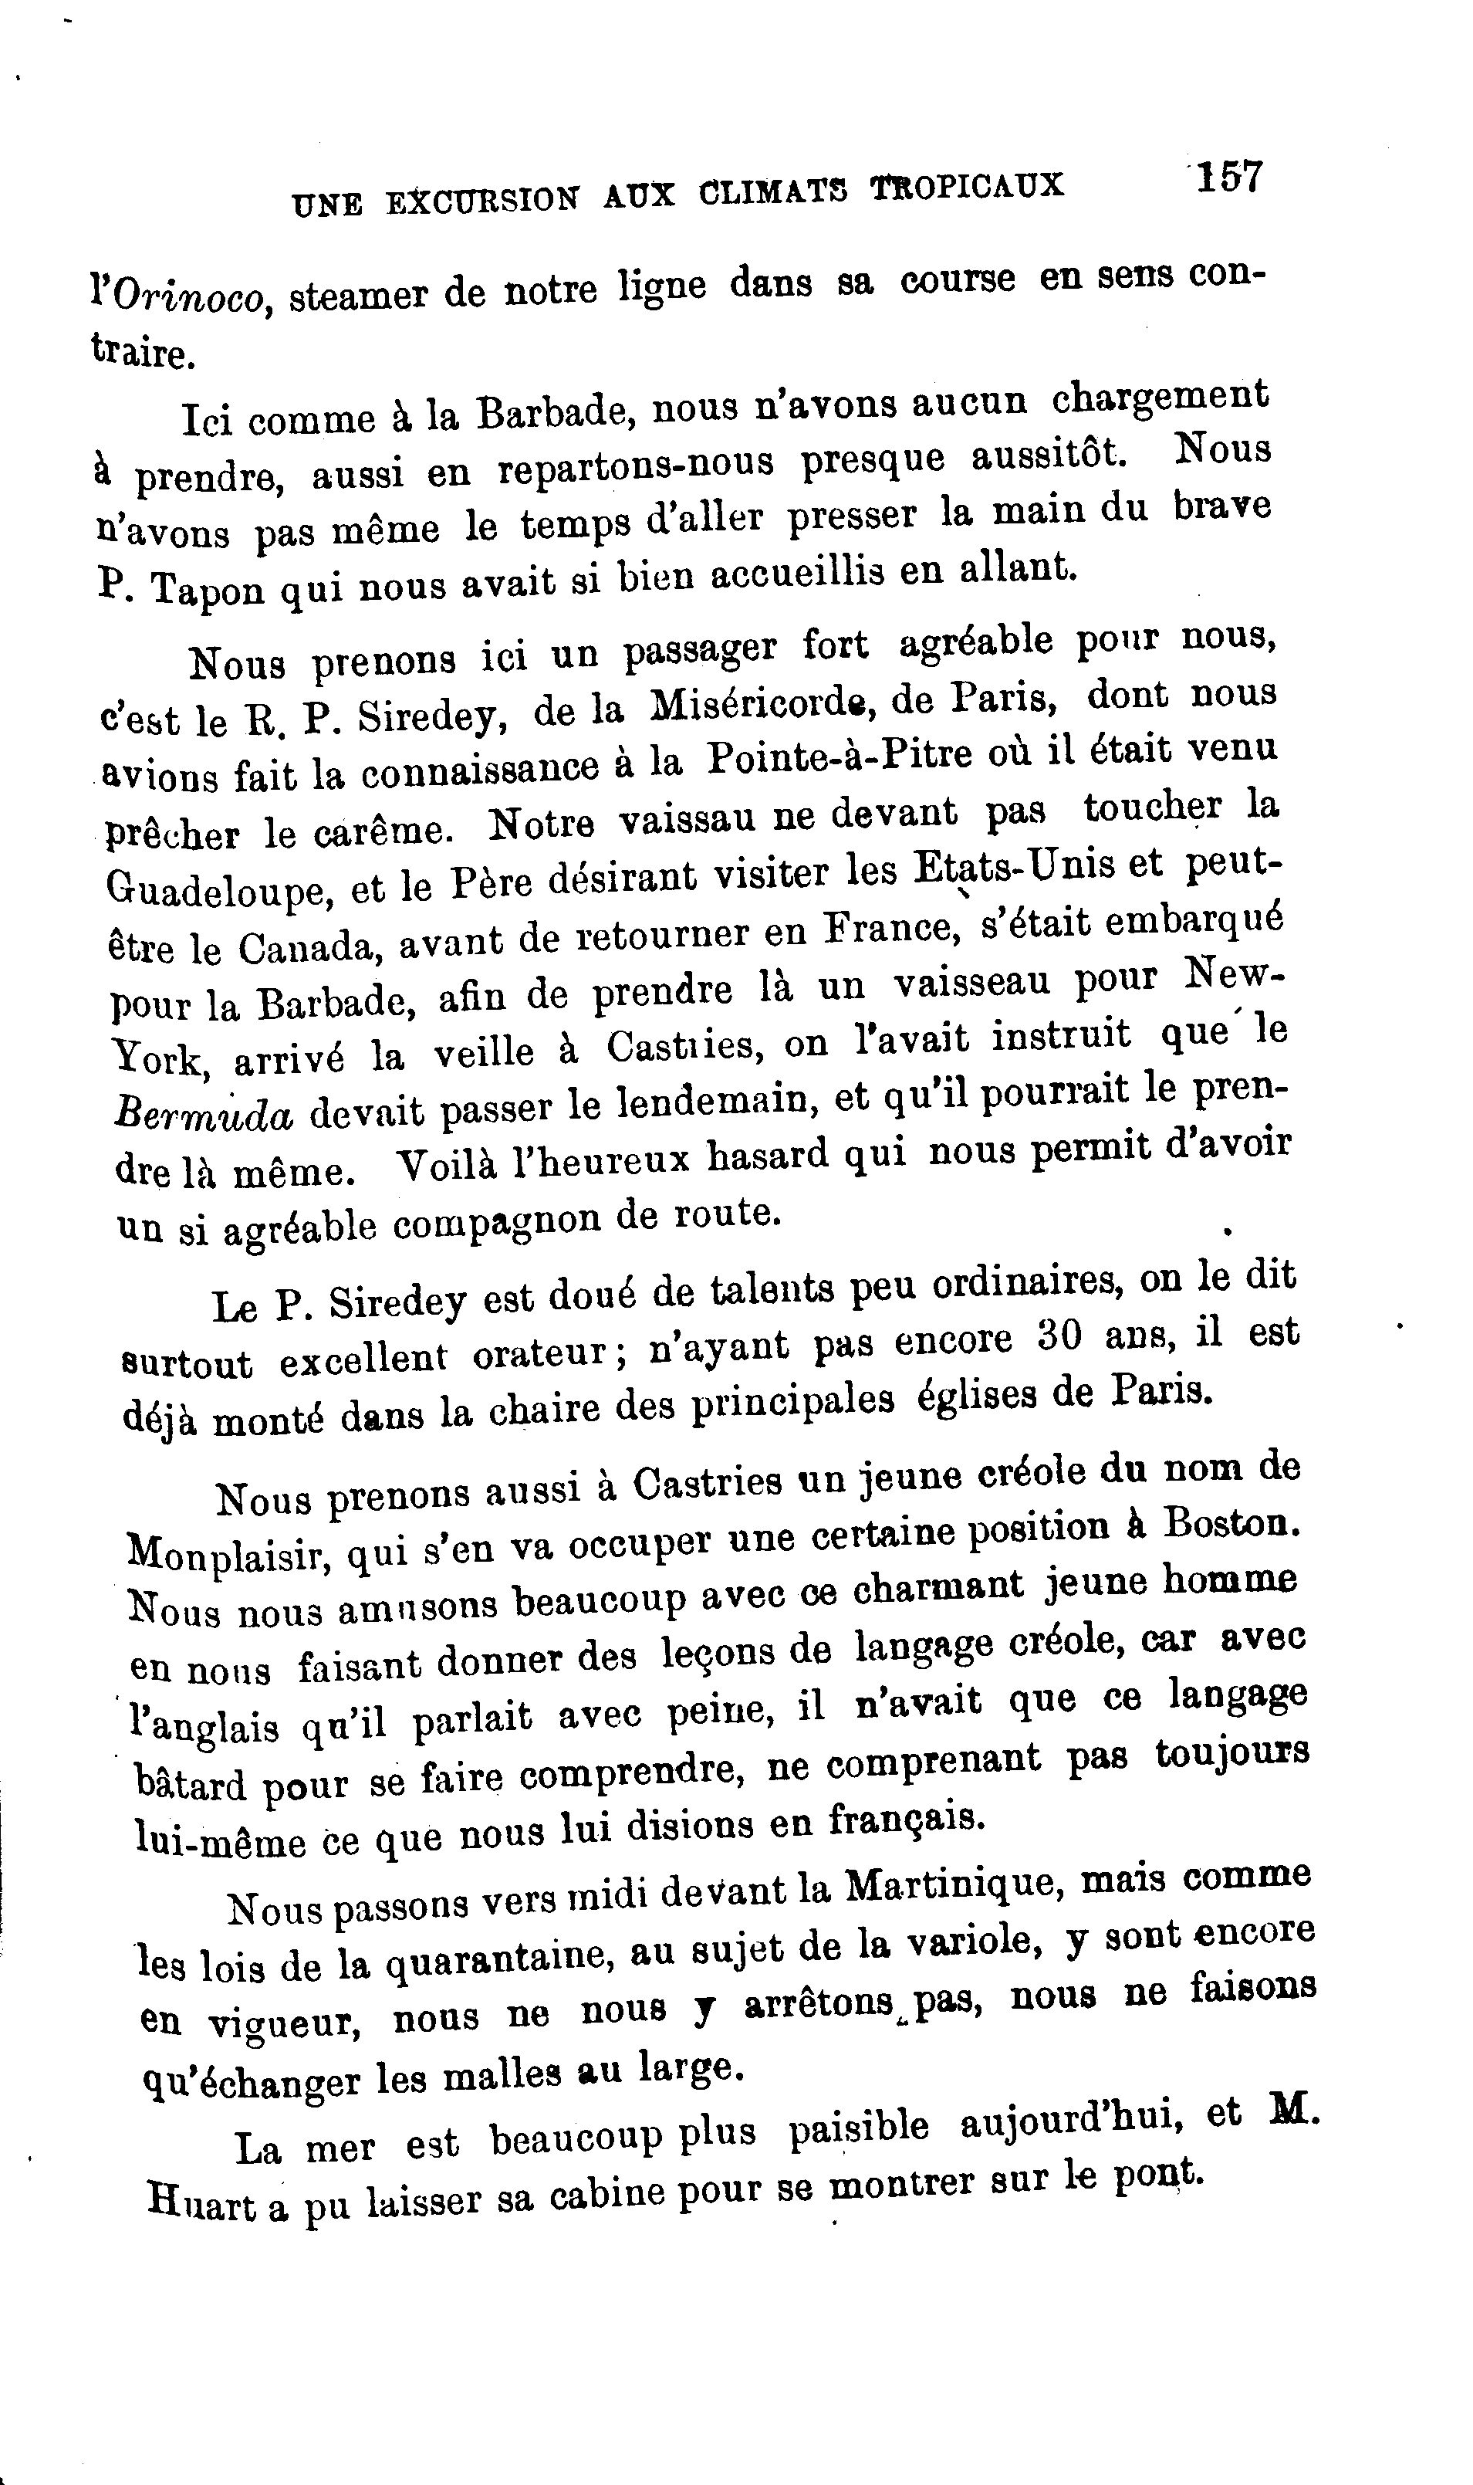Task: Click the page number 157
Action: (x=1228, y=178)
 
